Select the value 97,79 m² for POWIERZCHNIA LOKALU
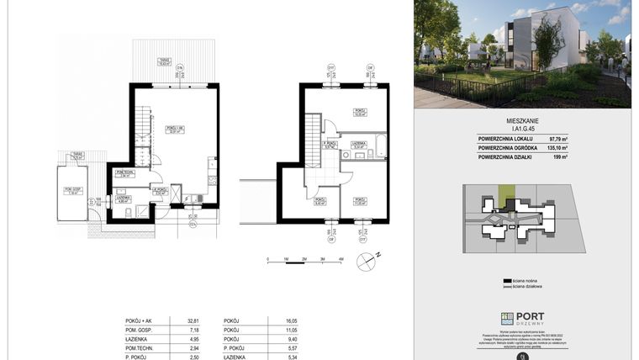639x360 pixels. click(x=604, y=138)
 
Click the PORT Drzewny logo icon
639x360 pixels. click(x=506, y=317)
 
